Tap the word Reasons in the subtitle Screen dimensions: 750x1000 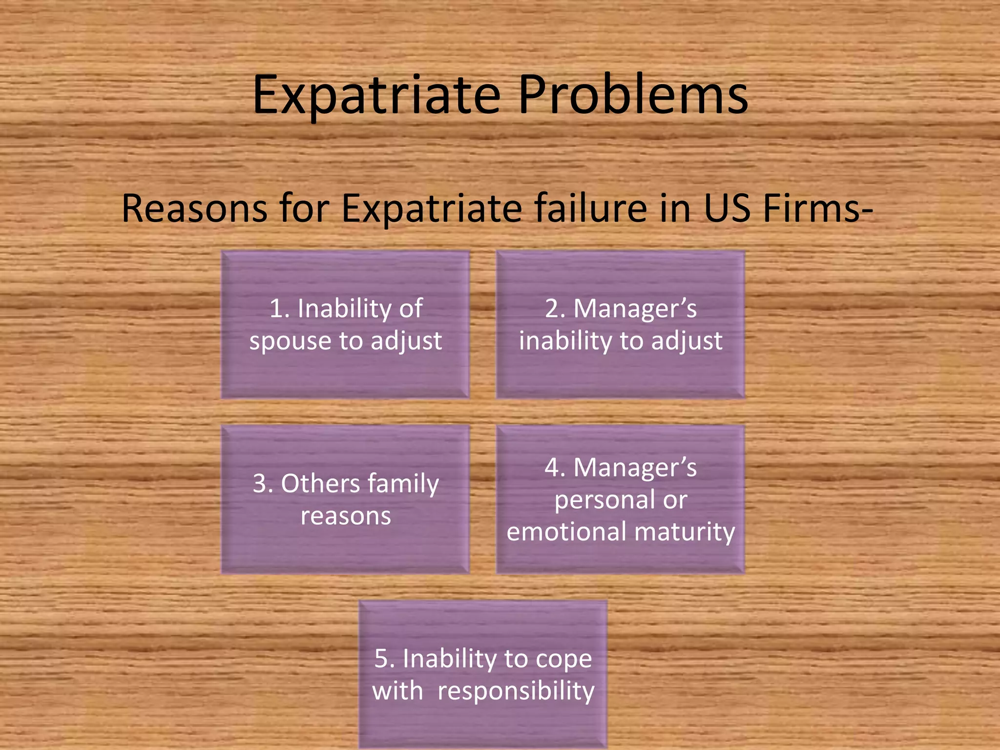[x=194, y=209]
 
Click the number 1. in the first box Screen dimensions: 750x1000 [x=279, y=309]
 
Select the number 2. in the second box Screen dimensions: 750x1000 [x=555, y=309]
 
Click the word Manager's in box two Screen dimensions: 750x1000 [x=635, y=309]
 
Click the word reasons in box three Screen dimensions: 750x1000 [x=346, y=516]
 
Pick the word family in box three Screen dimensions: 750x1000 [x=403, y=484]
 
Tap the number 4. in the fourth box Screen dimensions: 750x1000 [x=555, y=467]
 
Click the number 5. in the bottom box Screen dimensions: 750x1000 [x=384, y=658]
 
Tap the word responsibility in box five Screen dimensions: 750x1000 [x=516, y=691]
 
